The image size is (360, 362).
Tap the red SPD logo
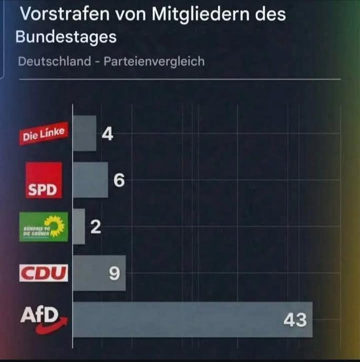tap(44, 180)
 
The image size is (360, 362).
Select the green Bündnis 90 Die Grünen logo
tap(44, 227)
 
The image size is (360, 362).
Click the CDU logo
tap(44, 273)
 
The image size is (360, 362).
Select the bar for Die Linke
tap(84, 134)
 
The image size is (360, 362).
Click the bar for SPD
tap(90, 180)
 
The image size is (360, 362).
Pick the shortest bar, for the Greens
tap(78, 226)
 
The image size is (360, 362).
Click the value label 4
tap(107, 135)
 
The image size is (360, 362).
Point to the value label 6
tap(119, 180)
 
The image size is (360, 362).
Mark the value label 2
tap(95, 227)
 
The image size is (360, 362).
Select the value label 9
tap(114, 274)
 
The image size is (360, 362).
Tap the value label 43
tap(295, 319)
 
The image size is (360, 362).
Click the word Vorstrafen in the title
tap(59, 14)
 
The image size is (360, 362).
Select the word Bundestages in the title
tap(66, 37)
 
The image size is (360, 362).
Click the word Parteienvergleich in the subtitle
tap(154, 61)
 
